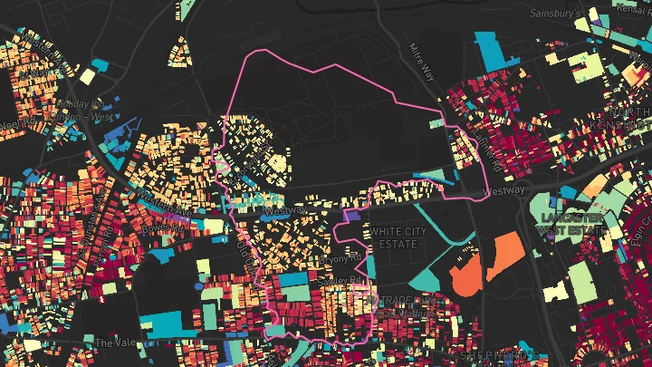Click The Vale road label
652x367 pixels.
[x=116, y=343]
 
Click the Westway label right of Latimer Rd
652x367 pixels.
[x=503, y=190]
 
